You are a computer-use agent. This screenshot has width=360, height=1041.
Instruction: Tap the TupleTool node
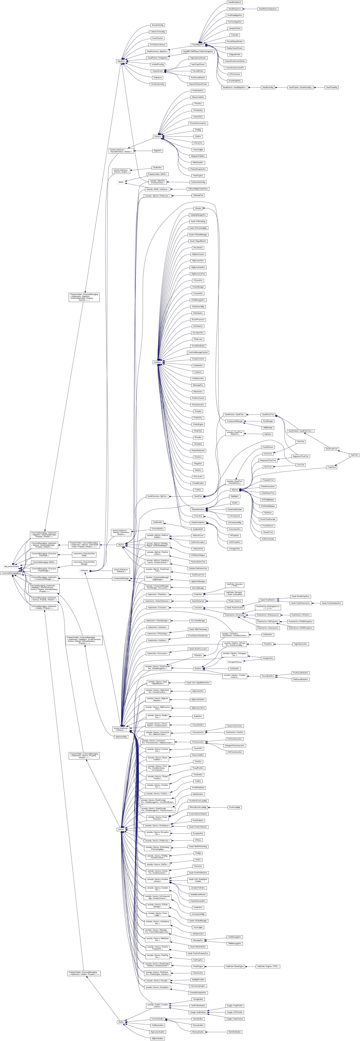[354, 455]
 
